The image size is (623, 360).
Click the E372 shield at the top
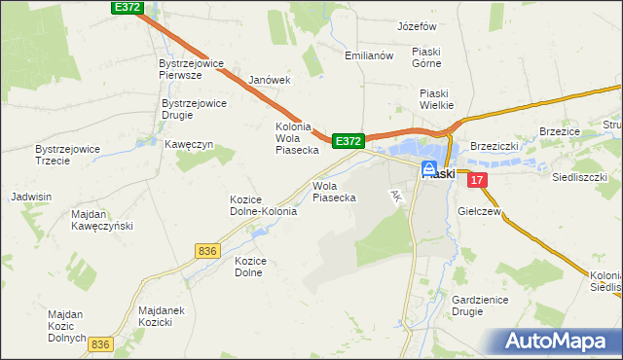(127, 8)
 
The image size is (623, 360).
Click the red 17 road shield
(476, 180)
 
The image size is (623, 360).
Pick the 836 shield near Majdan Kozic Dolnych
(100, 344)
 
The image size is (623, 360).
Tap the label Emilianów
(369, 55)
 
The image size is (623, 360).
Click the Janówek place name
(270, 80)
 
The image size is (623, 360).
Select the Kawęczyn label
(189, 144)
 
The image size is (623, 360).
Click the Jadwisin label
(30, 197)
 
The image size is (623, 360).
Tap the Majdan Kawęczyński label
(102, 219)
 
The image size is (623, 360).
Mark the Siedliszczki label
(580, 178)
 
